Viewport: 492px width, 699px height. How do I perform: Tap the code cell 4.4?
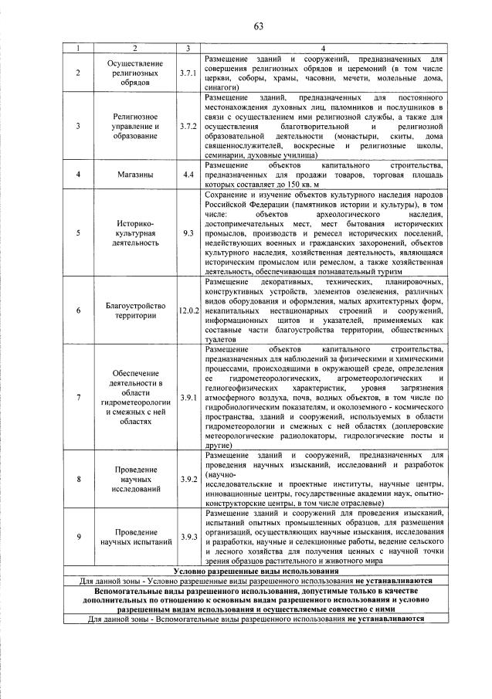pos(188,175)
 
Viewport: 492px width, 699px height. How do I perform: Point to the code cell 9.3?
pos(188,231)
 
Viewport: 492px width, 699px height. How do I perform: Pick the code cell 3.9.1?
pos(188,397)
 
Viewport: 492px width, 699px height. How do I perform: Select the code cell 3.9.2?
pos(188,479)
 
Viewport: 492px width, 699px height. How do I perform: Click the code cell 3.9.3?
pos(188,537)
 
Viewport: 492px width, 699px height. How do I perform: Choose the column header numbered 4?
pos(323,49)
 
